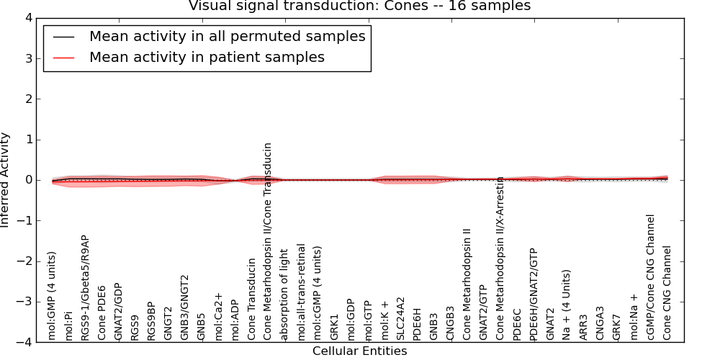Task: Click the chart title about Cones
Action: coord(359,6)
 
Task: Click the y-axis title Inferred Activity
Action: coord(6,180)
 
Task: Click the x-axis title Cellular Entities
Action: coord(359,351)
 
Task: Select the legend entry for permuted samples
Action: coord(227,36)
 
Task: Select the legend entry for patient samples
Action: coord(207,57)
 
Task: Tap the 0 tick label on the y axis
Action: coord(35,180)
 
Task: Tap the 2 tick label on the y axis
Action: coord(35,99)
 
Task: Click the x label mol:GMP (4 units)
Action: coord(52,295)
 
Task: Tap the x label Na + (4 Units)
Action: coord(567,305)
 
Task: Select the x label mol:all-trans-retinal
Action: coord(301,292)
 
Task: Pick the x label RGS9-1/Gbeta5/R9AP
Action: coord(85,287)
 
